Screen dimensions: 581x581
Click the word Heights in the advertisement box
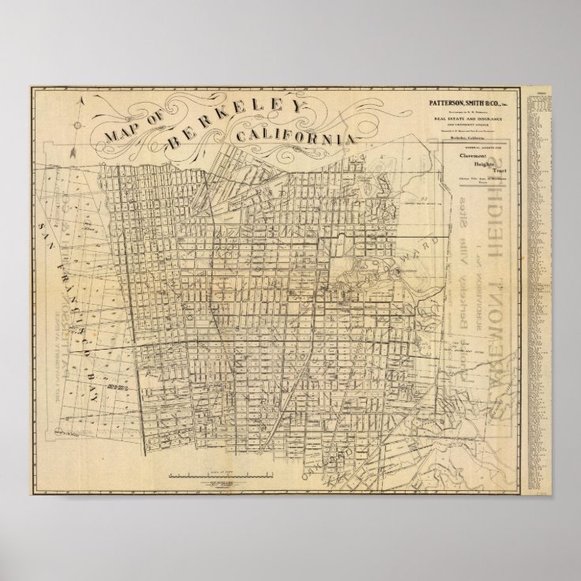[478, 163]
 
